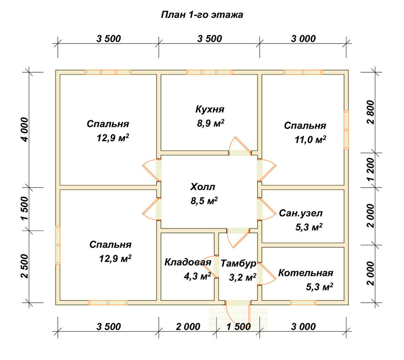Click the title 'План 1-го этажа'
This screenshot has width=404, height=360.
(x=202, y=15)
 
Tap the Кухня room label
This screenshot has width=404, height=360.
(x=210, y=109)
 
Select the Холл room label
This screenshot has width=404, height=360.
(x=202, y=187)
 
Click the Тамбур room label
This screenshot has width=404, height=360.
(x=238, y=264)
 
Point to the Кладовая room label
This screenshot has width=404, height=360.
(x=188, y=262)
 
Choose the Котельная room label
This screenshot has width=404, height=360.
(x=305, y=273)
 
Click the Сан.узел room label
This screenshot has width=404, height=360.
(x=301, y=213)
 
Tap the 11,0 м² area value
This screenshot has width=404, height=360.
(x=310, y=140)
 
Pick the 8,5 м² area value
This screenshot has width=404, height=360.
(x=204, y=201)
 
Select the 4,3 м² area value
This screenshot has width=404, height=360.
(x=198, y=276)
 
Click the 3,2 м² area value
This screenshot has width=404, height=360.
(x=242, y=277)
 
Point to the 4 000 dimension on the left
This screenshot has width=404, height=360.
(x=25, y=130)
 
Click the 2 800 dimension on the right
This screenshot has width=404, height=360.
(x=370, y=112)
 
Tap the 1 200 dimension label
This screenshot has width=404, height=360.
(x=370, y=170)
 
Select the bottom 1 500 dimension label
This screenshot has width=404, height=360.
(x=238, y=327)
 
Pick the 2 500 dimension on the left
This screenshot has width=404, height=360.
(x=25, y=266)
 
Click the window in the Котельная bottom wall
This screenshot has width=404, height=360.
(x=303, y=303)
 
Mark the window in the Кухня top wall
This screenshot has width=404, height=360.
(x=209, y=72)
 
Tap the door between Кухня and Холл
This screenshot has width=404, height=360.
(x=240, y=147)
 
